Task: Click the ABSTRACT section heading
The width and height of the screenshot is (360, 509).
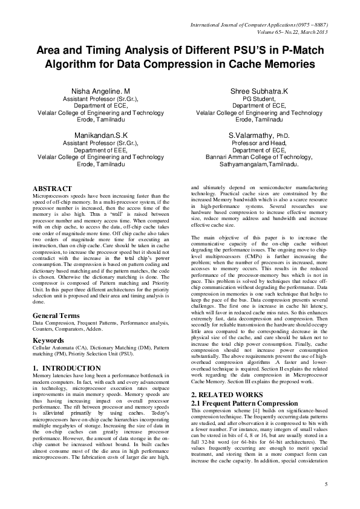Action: tap(52, 189)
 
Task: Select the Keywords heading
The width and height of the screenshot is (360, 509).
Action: tap(49, 341)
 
